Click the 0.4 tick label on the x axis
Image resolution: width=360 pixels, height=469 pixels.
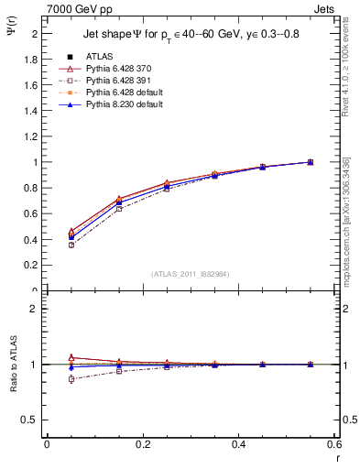click(x=238, y=444)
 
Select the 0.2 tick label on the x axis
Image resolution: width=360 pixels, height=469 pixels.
click(x=142, y=444)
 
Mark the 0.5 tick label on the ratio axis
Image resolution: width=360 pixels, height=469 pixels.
click(x=28, y=420)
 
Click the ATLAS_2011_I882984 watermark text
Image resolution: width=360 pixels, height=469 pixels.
click(x=191, y=273)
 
